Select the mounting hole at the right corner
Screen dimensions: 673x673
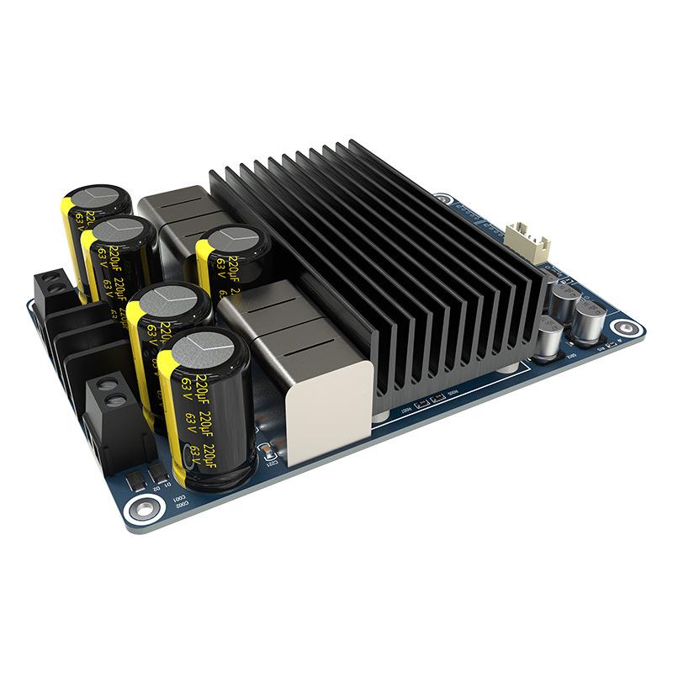[624, 329]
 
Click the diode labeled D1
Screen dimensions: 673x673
[156, 474]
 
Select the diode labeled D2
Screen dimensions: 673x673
[137, 481]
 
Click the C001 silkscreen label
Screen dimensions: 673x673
[179, 501]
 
